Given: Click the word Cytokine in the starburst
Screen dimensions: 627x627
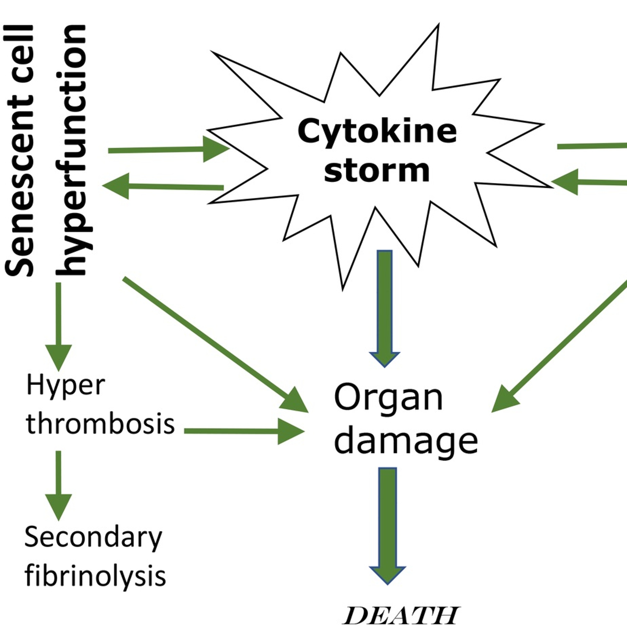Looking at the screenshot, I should pyautogui.click(x=377, y=131).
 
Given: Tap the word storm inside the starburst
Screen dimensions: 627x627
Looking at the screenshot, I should pyautogui.click(x=376, y=171).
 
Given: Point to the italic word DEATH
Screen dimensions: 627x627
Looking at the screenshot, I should pyautogui.click(x=401, y=615).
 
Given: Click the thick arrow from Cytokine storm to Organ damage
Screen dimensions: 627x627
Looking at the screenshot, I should pyautogui.click(x=385, y=308).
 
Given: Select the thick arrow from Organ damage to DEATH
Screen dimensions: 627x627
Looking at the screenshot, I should pyautogui.click(x=388, y=526).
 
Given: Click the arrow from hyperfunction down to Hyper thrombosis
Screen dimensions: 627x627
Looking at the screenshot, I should pyautogui.click(x=59, y=325).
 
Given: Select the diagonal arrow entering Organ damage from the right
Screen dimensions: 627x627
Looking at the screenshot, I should pyautogui.click(x=558, y=347).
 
